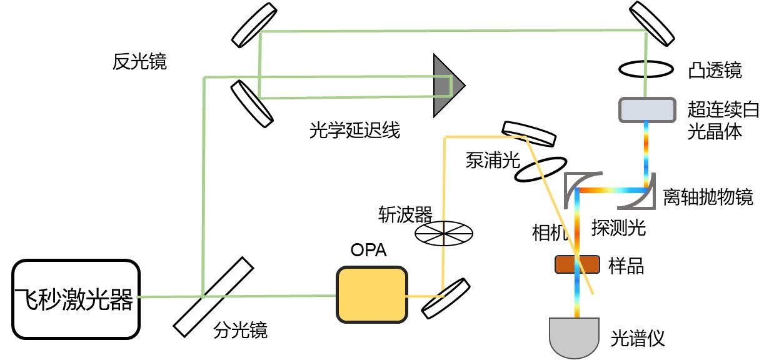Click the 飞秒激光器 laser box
tap(75, 299)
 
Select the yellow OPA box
tap(371, 294)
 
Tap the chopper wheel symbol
tap(444, 233)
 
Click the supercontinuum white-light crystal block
tap(646, 110)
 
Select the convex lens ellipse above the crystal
tap(646, 69)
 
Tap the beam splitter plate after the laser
tap(213, 296)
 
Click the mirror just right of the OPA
tap(446, 297)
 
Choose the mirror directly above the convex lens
tap(651, 24)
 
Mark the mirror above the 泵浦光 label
tap(528, 132)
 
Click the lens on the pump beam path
tap(538, 169)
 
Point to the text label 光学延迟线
tap(354, 131)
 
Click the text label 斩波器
tap(405, 214)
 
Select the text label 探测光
tap(618, 228)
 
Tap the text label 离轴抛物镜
tap(708, 197)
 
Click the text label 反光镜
tap(140, 61)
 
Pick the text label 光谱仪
tap(637, 338)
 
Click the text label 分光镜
tap(241, 329)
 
